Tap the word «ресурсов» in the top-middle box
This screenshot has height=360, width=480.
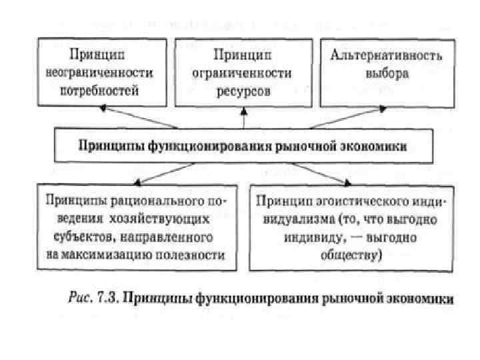[x=243, y=92]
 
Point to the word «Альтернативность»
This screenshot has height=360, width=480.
[x=377, y=55]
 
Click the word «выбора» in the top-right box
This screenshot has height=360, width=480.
[x=377, y=73]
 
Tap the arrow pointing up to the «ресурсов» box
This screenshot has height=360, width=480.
[x=244, y=118]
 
